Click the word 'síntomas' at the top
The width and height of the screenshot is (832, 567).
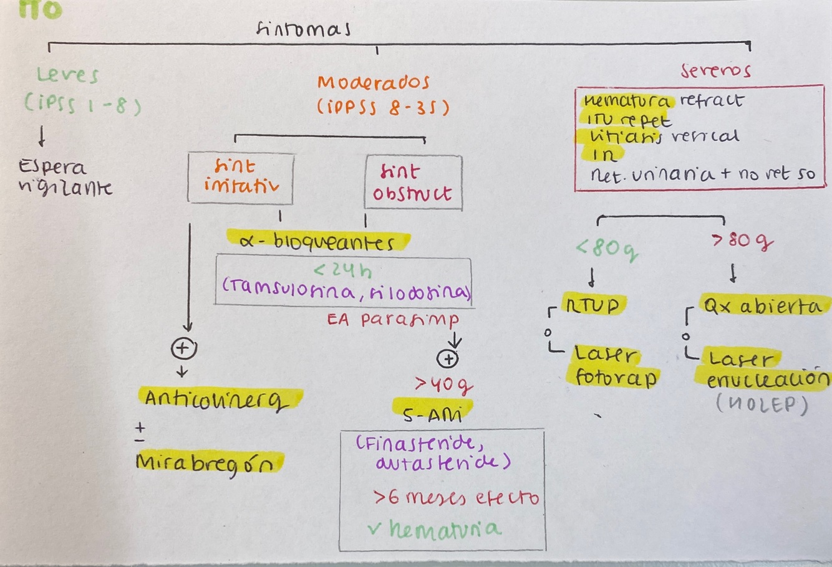coord(303,29)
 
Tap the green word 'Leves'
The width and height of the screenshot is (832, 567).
coord(67,76)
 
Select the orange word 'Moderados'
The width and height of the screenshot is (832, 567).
coord(373,83)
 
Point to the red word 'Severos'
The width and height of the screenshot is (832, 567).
coord(715,70)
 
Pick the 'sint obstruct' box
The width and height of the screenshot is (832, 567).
coord(413,182)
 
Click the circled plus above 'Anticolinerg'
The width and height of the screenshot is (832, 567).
coord(184,348)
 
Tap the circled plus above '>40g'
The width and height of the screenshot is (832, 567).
coord(448,358)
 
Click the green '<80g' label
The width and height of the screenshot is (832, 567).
coord(607,249)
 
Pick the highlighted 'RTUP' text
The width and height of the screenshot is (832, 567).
coord(593,305)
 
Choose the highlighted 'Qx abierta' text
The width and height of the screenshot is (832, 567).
coord(762,306)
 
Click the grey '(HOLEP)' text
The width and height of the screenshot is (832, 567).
coord(762,406)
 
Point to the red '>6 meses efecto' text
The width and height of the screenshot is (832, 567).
coord(456,498)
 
